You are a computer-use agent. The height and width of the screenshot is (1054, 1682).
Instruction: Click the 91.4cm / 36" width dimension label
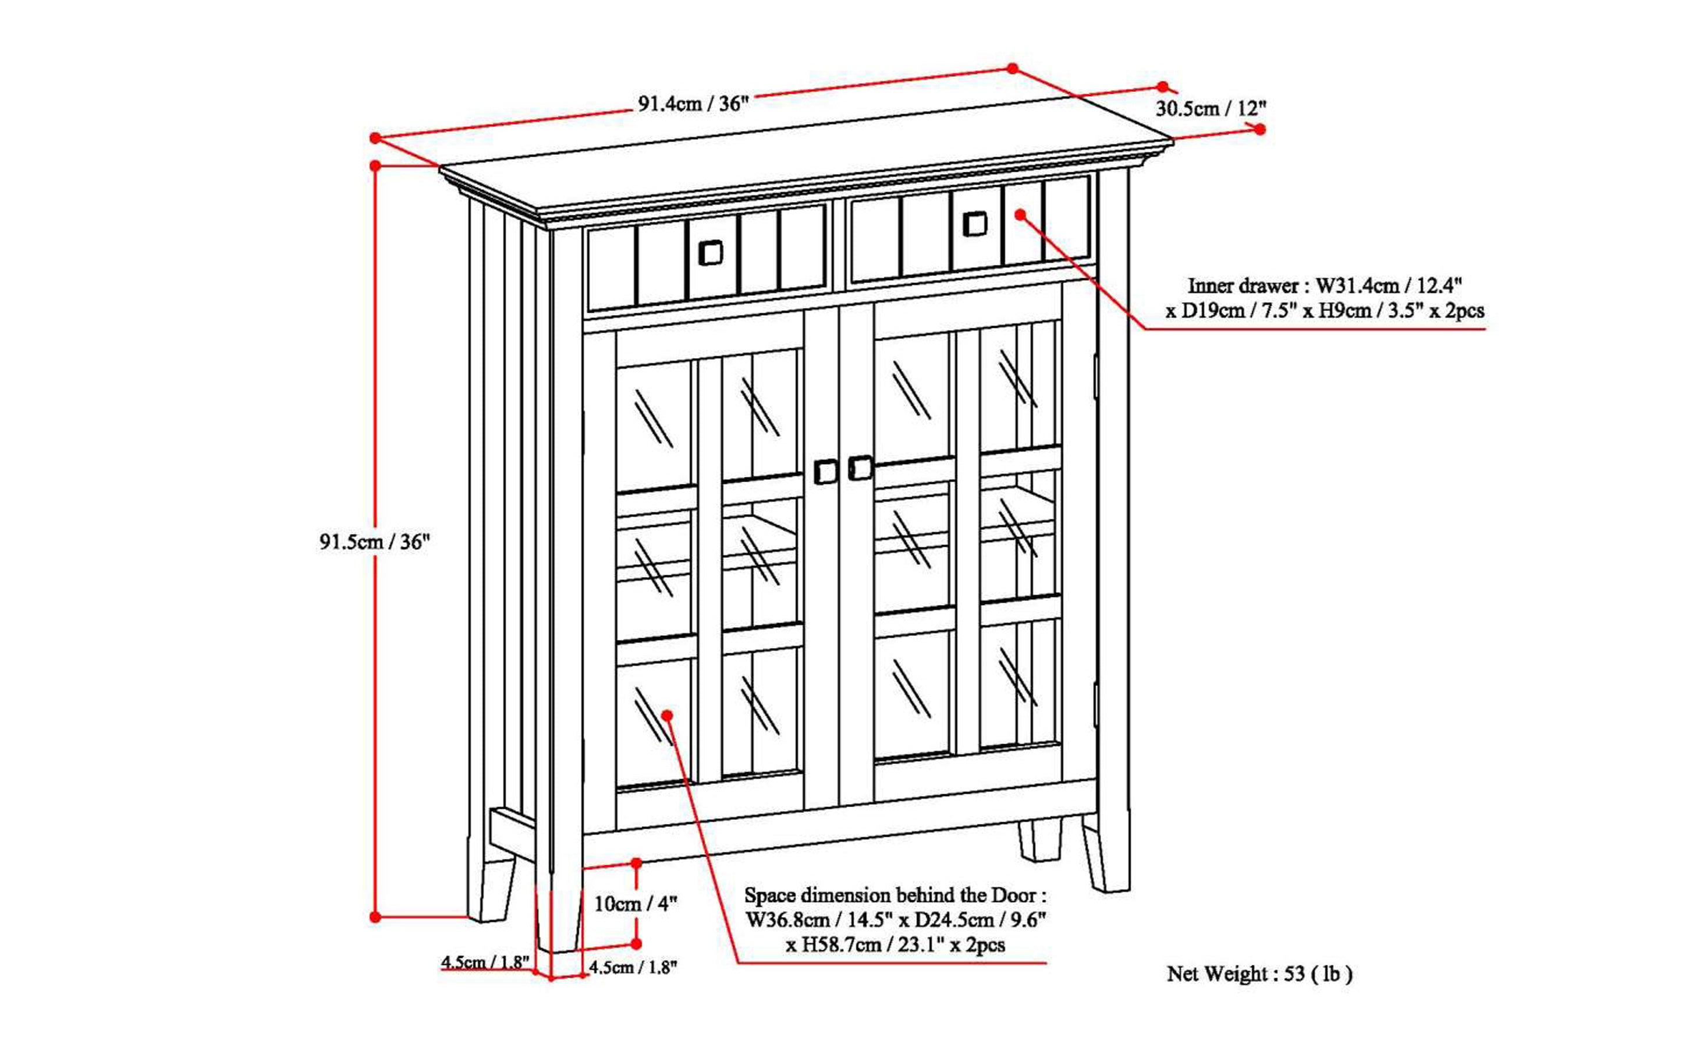tap(693, 104)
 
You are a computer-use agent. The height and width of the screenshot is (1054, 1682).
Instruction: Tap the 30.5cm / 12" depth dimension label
tap(1211, 109)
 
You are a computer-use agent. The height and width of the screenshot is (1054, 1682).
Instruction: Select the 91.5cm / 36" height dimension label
tap(375, 542)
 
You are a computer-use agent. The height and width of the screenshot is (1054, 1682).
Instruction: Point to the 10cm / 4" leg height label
tap(635, 904)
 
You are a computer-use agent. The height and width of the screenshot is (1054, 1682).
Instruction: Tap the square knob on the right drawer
tap(975, 224)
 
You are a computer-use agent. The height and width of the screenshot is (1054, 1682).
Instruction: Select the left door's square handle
tap(826, 472)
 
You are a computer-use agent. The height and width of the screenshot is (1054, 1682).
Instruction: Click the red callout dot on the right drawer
tap(1020, 215)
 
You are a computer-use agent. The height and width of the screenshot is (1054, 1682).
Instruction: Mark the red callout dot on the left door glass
tap(667, 715)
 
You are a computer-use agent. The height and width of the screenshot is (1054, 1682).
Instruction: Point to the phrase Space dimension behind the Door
tap(895, 895)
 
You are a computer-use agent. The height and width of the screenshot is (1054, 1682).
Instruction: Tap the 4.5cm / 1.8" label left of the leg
tap(485, 963)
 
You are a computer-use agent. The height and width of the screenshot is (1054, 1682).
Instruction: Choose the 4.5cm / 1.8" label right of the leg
tap(633, 968)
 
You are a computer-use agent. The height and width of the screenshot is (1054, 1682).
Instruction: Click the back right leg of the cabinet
tap(1040, 840)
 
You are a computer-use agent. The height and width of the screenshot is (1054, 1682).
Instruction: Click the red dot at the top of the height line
tap(375, 166)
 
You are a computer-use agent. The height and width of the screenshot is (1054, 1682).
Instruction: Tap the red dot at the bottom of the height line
tap(375, 917)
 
